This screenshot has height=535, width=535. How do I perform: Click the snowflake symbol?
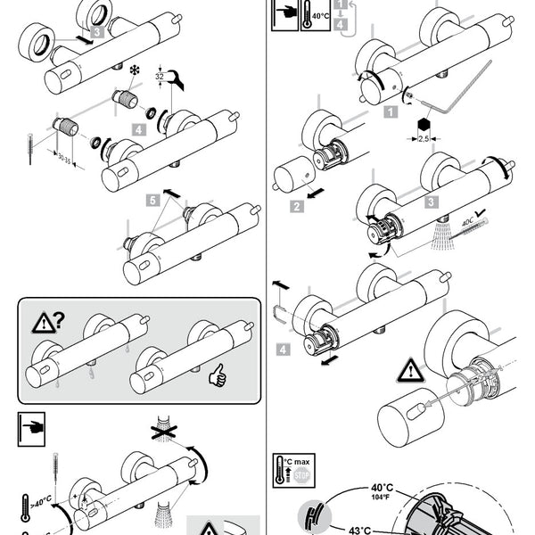[x=136, y=70]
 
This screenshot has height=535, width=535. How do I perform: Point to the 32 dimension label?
[x=160, y=78]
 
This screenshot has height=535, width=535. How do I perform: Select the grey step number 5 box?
[x=154, y=201]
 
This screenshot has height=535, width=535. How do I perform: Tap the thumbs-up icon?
[x=217, y=375]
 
